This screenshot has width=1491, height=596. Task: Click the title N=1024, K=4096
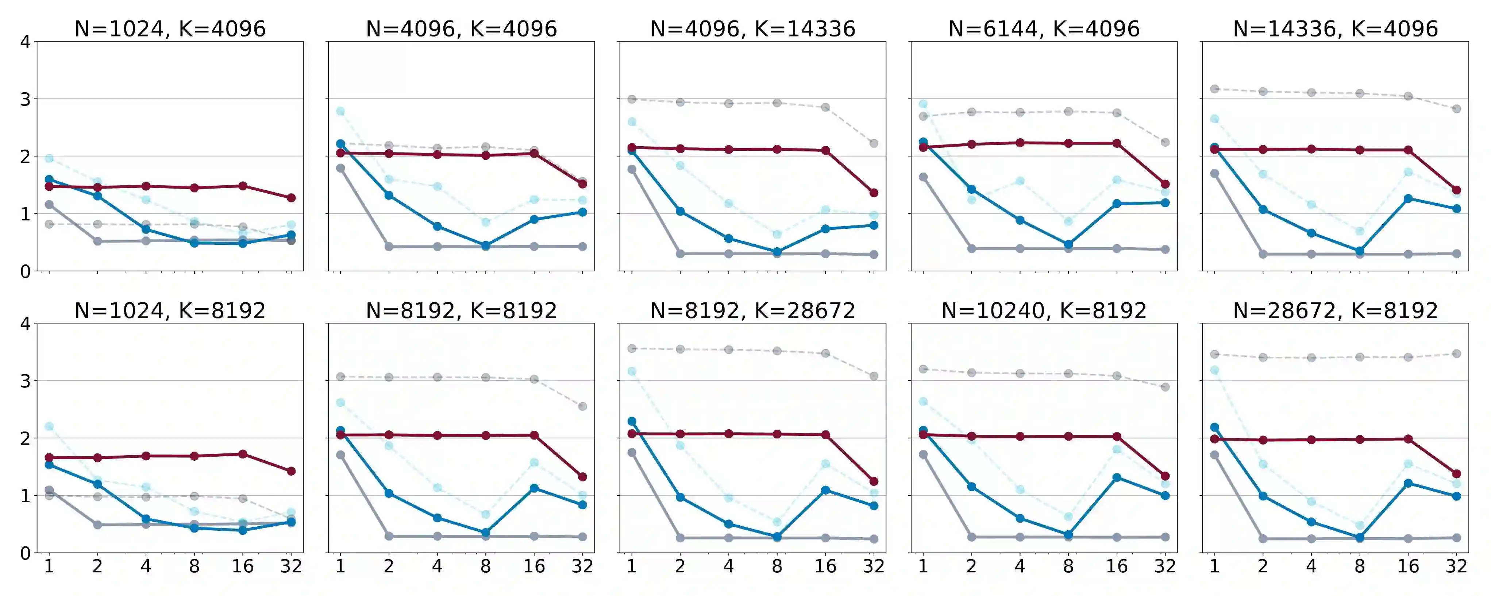tap(170, 28)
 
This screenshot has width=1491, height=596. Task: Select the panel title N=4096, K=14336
tap(752, 28)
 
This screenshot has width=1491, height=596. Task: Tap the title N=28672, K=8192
tap(1335, 311)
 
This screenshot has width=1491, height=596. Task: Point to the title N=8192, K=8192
tap(461, 311)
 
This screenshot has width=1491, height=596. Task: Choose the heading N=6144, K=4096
tap(1044, 28)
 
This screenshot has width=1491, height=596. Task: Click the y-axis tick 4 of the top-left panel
tap(25, 42)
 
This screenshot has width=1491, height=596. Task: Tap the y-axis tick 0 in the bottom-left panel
tap(25, 553)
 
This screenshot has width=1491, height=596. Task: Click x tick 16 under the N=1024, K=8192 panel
tap(243, 566)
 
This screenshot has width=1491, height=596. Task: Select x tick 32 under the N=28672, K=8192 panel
tap(1456, 566)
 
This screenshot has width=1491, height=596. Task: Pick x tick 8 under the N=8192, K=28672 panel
tap(777, 566)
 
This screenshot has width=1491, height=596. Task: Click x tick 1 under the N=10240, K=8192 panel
tap(923, 566)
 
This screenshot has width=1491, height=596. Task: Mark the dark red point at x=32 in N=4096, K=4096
tap(582, 184)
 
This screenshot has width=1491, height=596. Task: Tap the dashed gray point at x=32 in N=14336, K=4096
tap(1456, 109)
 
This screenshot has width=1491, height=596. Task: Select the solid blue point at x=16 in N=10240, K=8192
tap(1117, 477)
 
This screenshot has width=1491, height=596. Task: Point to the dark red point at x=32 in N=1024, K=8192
tap(291, 471)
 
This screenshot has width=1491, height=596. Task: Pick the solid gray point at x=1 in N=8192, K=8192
tap(340, 455)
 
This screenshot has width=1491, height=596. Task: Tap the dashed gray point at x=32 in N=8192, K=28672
tap(874, 376)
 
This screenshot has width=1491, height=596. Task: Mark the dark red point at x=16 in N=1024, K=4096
tap(243, 186)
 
